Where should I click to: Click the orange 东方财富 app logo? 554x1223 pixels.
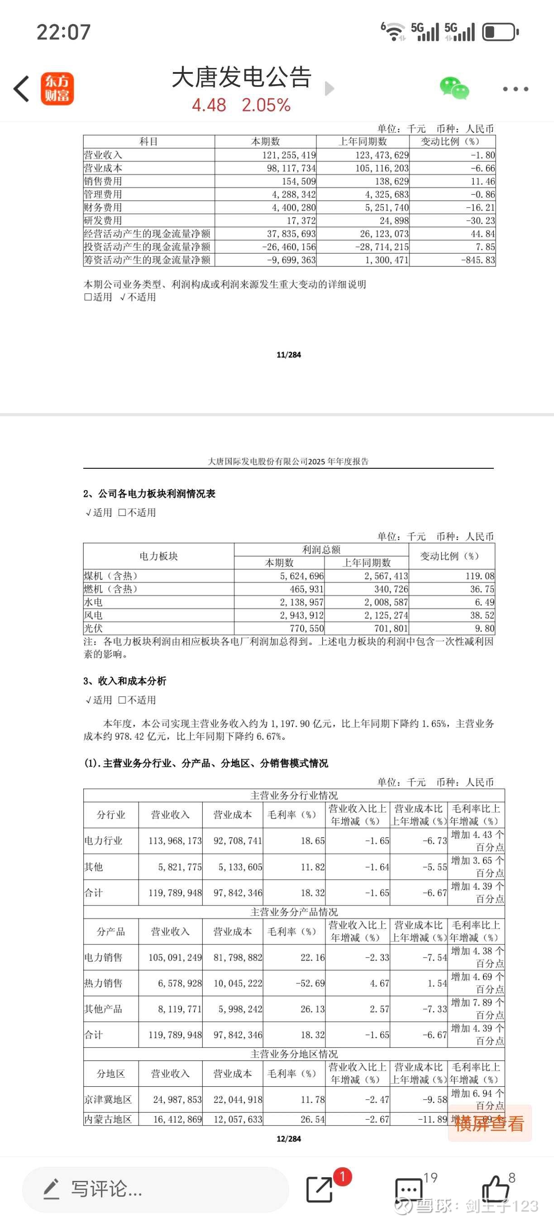tap(57, 89)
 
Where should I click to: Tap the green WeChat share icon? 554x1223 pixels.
tap(454, 88)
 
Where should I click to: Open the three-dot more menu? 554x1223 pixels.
tap(515, 89)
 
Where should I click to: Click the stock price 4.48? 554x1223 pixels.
tap(209, 105)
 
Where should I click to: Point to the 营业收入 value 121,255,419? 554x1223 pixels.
tap(288, 155)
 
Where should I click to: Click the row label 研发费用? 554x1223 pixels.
tap(103, 221)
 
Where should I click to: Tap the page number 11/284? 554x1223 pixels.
tap(288, 355)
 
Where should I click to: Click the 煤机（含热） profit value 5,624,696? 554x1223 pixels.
tap(301, 576)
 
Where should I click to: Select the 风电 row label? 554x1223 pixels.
tap(93, 615)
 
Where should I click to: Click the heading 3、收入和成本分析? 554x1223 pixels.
tap(125, 681)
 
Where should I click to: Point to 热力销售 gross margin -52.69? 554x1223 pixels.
tap(310, 983)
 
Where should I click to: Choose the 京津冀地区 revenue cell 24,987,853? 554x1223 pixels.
tap(177, 1099)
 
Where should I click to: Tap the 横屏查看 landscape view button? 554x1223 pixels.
tap(489, 1124)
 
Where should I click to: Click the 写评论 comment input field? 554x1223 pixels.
tap(155, 1189)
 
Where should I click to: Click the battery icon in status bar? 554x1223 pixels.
tap(500, 32)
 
